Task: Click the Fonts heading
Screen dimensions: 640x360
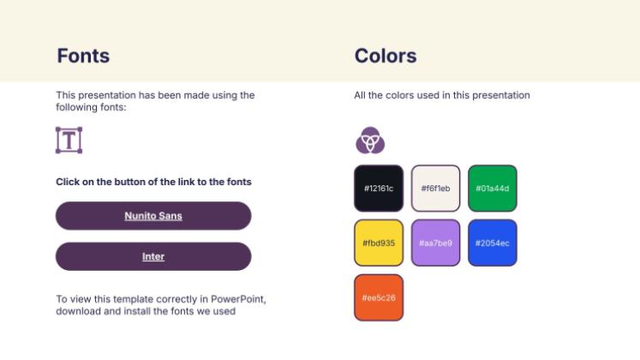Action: (83, 56)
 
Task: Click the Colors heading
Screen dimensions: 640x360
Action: (386, 56)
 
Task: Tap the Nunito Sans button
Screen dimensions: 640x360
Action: (153, 215)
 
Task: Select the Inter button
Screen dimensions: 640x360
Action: (153, 256)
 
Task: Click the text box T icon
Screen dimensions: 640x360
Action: (69, 140)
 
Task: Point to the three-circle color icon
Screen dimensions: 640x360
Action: (370, 140)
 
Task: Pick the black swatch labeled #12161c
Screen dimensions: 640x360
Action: (379, 189)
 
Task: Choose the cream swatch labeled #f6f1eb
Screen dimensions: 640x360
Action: (435, 189)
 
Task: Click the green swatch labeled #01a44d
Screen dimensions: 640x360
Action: (493, 189)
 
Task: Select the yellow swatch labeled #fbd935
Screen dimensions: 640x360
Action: (379, 243)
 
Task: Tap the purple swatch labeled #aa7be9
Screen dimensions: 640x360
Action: (435, 243)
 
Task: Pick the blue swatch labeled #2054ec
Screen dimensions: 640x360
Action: (493, 243)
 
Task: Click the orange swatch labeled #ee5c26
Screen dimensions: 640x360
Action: (379, 297)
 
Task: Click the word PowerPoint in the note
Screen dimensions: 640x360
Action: (238, 299)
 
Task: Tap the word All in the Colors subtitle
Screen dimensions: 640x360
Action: (360, 95)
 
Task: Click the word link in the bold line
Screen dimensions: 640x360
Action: (186, 182)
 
